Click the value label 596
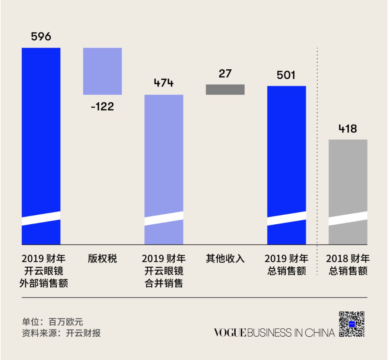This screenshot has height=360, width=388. point(41,37)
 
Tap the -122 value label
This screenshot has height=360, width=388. point(102,107)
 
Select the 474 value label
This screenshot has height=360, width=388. point(164,83)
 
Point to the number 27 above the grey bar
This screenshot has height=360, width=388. point(225,74)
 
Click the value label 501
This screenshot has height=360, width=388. point(286,75)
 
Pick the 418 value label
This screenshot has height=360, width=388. point(348,129)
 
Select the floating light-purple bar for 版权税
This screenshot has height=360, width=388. point(102,71)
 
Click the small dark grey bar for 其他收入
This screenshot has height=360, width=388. point(225,89)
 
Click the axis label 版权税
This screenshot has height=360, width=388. point(102,259)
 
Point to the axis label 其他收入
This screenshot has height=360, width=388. point(225,259)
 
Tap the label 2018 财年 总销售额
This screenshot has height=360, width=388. point(348,265)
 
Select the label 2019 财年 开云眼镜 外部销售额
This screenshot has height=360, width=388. point(43,271)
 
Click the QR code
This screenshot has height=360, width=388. point(352,324)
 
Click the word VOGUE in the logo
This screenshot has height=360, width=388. point(230,333)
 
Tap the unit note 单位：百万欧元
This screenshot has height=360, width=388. point(52,321)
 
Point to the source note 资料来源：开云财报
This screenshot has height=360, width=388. point(61,333)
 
